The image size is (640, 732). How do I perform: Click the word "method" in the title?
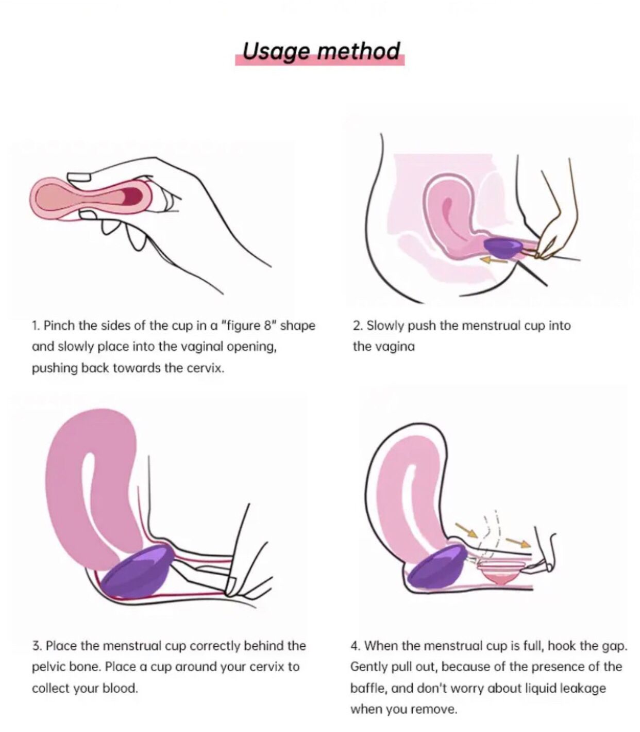point(358,51)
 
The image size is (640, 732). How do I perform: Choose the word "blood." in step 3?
point(120,688)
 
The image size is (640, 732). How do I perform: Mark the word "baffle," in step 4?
point(368,688)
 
